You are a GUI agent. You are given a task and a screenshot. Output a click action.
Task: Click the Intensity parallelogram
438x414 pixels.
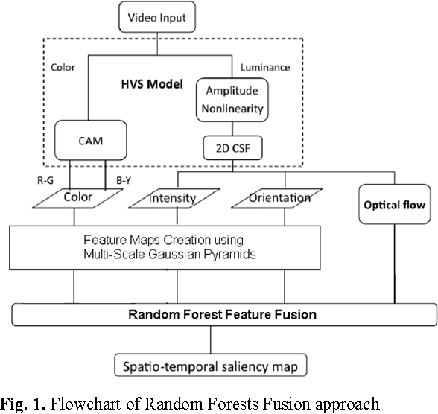pos(172,199)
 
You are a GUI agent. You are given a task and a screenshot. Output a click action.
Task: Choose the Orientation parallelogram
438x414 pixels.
pos(279,199)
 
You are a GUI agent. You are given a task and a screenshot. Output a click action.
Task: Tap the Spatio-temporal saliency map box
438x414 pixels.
pos(212,366)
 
